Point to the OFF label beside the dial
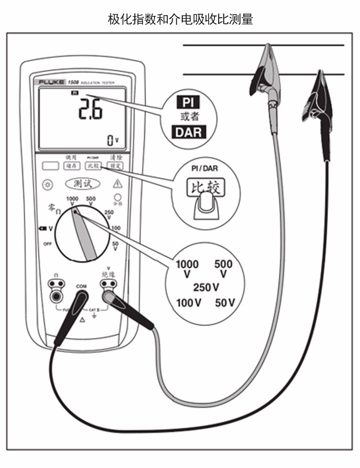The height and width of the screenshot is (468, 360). click(x=47, y=244)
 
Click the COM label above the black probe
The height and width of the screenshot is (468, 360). click(x=81, y=286)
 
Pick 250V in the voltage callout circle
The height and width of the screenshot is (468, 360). click(x=206, y=287)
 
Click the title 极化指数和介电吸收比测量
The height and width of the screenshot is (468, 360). click(x=180, y=20)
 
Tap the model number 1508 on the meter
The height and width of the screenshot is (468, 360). click(x=73, y=82)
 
